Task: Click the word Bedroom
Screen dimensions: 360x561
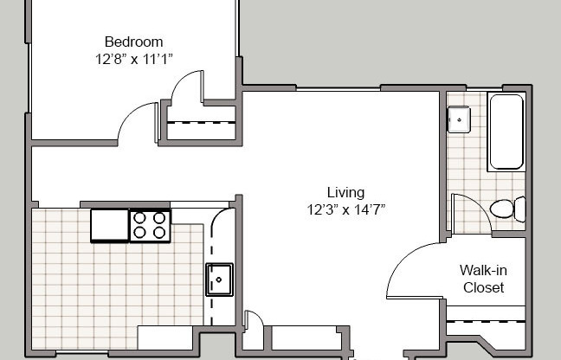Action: tap(133, 42)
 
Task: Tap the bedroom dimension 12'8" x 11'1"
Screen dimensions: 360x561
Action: tap(133, 60)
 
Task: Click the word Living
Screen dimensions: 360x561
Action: tap(345, 192)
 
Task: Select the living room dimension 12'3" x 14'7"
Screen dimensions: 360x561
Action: tap(345, 209)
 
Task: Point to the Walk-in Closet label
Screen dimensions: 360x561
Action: tap(482, 279)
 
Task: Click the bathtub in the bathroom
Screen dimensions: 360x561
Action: tap(506, 132)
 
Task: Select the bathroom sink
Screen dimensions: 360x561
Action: tap(458, 119)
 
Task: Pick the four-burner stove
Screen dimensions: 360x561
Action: tap(149, 225)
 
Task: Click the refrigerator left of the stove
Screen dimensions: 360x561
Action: tap(109, 225)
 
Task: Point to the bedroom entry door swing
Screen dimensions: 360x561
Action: tap(134, 121)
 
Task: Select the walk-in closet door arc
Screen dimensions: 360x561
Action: tap(411, 268)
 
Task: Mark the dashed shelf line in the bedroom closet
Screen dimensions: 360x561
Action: tap(201, 123)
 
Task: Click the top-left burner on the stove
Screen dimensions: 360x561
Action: tap(141, 217)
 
